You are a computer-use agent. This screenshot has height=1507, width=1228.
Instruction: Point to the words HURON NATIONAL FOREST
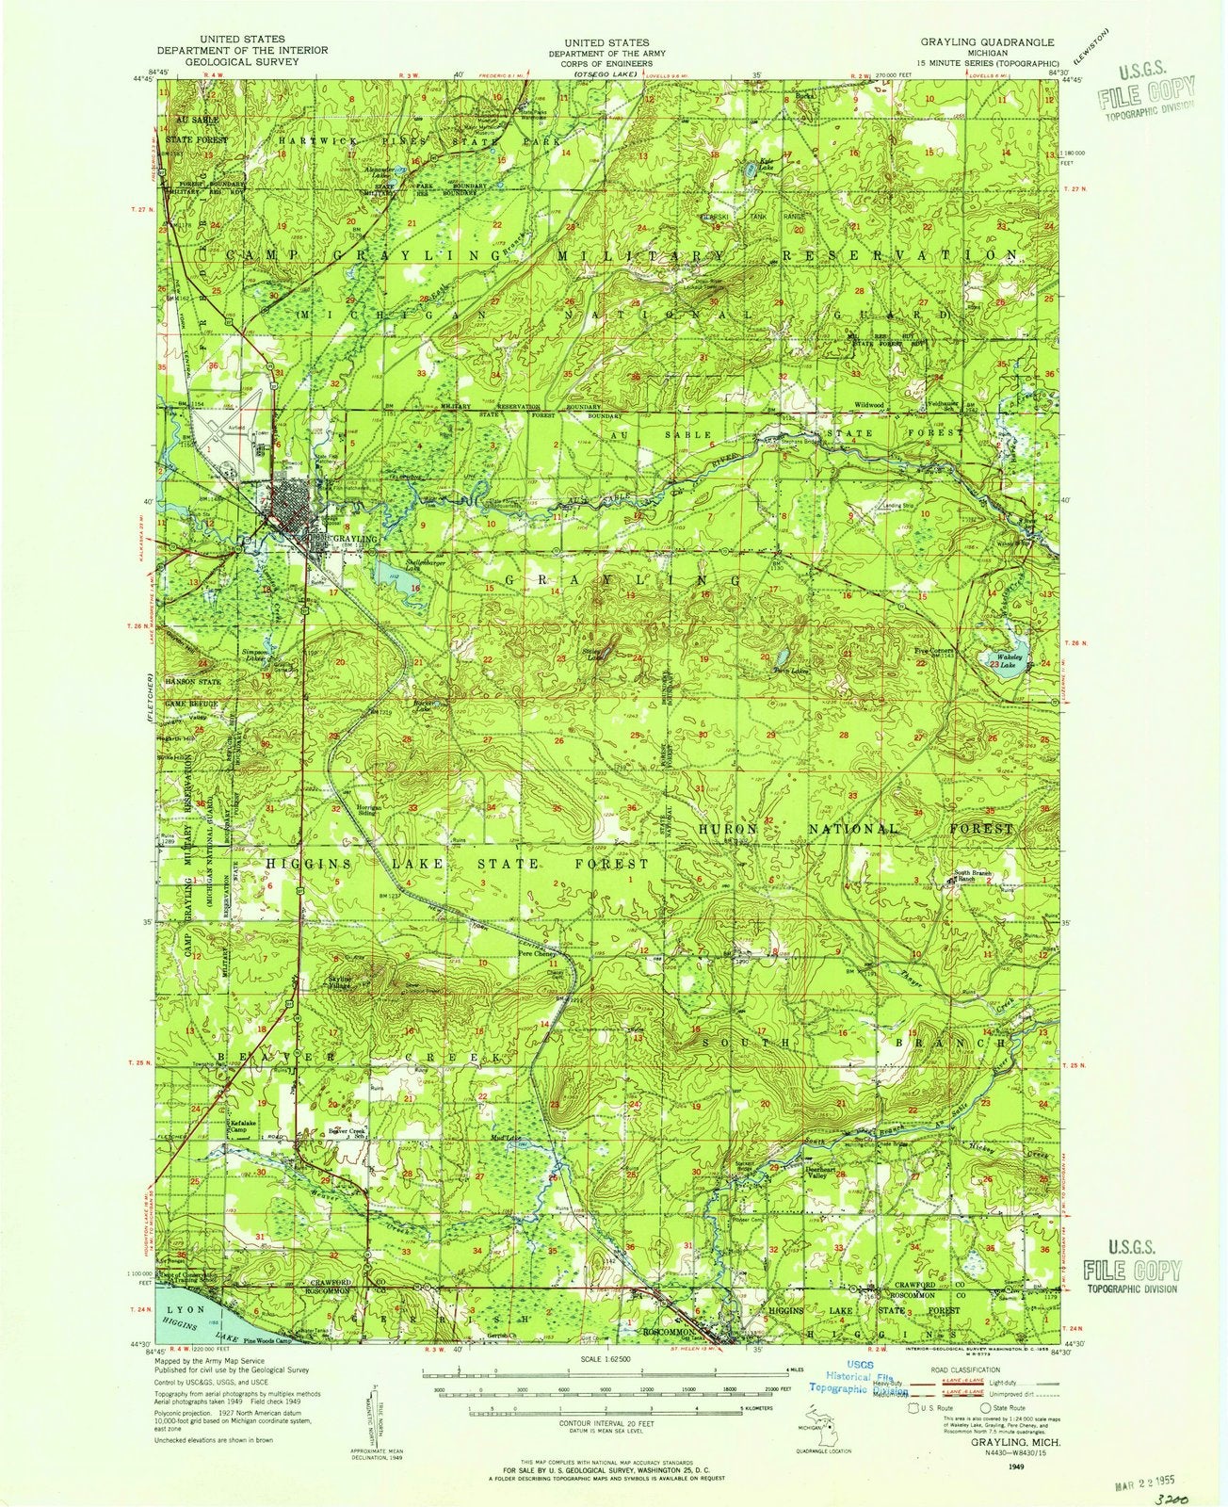click(855, 830)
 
